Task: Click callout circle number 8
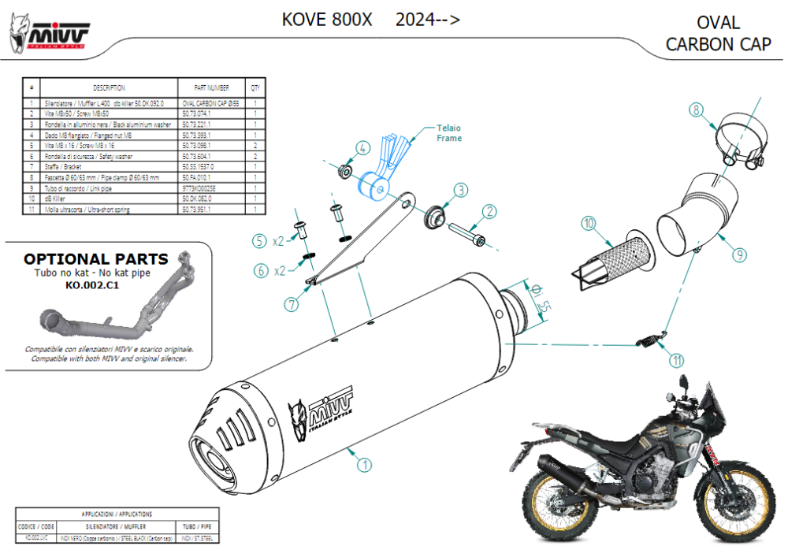click(x=695, y=110)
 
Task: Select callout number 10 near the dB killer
click(x=589, y=224)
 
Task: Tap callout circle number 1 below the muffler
click(x=363, y=465)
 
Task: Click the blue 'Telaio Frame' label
click(x=449, y=132)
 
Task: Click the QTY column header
click(x=256, y=88)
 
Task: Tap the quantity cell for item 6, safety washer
click(x=256, y=157)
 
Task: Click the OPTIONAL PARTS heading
click(x=95, y=259)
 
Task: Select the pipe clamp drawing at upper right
click(x=736, y=146)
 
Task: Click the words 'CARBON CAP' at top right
click(x=718, y=44)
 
